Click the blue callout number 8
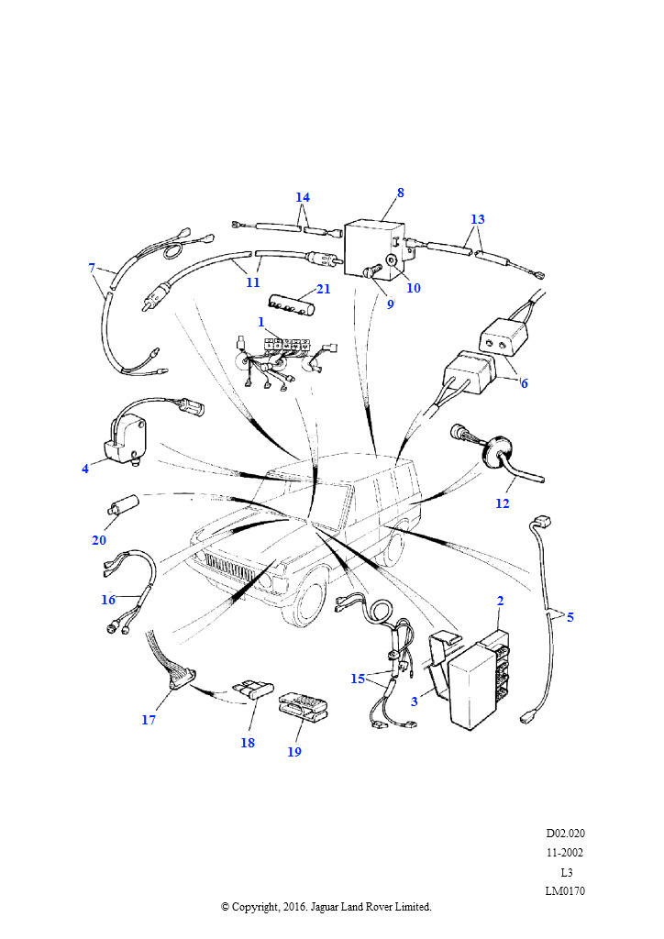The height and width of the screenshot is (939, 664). click(x=401, y=193)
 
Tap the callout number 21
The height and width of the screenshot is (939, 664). click(x=324, y=289)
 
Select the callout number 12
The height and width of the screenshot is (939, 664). click(x=503, y=503)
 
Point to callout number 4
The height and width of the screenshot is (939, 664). click(x=85, y=469)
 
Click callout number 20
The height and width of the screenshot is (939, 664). click(x=99, y=540)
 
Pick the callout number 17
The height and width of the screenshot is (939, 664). click(x=149, y=720)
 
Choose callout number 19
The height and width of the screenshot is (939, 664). click(x=294, y=752)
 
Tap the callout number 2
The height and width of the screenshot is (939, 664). click(x=501, y=601)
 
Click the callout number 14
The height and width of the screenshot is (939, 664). click(x=303, y=197)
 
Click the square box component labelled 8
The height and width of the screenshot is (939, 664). click(x=374, y=251)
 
